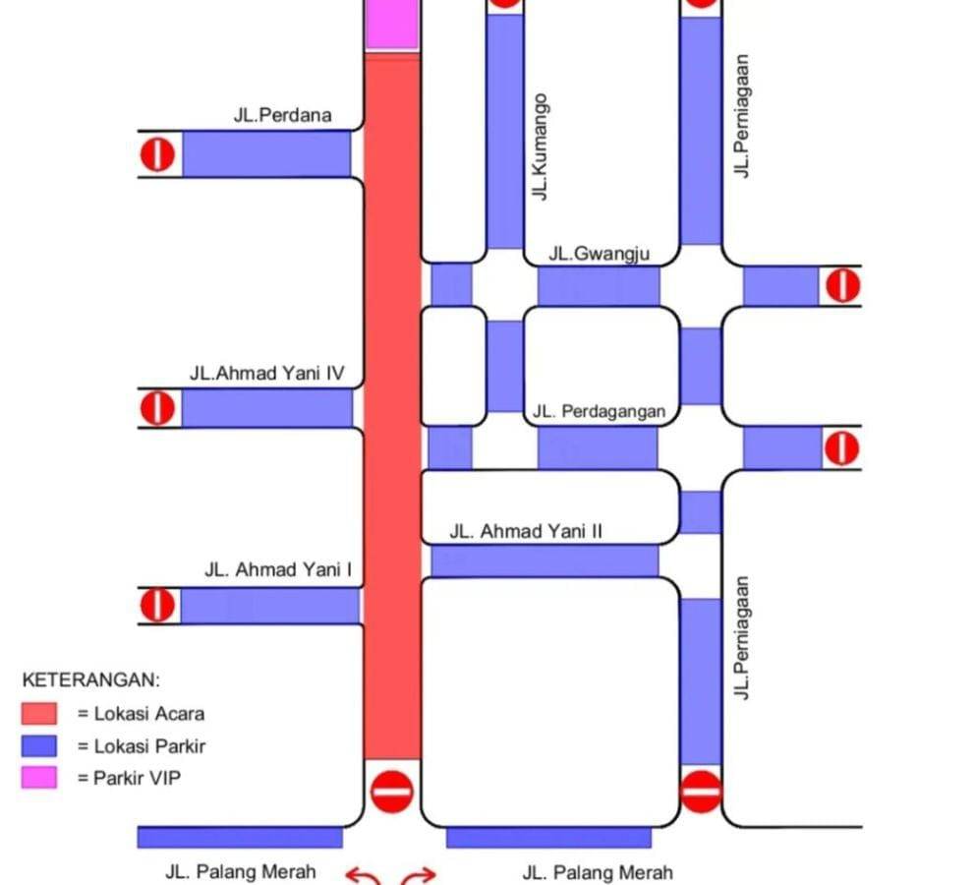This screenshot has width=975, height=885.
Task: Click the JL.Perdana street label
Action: [x=282, y=115]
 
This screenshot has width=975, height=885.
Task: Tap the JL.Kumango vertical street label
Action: [x=540, y=147]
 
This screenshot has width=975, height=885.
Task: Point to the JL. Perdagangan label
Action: [x=599, y=412]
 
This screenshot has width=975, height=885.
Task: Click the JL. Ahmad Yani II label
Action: [x=526, y=532]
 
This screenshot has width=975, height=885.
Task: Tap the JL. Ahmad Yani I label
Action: [x=278, y=569]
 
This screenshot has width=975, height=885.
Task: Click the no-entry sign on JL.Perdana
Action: [x=157, y=154]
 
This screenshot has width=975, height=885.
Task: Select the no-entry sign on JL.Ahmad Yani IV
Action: [x=157, y=407]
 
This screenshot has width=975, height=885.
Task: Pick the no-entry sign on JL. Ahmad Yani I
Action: [x=157, y=605]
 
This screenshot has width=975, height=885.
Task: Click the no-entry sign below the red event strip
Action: [x=392, y=790]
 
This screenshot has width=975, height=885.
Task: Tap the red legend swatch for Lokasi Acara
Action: [x=40, y=713]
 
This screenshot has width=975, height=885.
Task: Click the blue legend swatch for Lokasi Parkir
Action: [x=40, y=745]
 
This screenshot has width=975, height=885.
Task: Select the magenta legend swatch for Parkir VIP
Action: [x=40, y=778]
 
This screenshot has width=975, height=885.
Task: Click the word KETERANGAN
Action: [x=90, y=679]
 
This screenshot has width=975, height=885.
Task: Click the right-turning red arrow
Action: [x=420, y=874]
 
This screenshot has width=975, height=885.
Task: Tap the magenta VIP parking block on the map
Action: [x=392, y=24]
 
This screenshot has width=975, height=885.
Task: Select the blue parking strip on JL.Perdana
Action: [x=266, y=153]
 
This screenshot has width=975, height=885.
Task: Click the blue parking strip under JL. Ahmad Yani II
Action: [x=544, y=560]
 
